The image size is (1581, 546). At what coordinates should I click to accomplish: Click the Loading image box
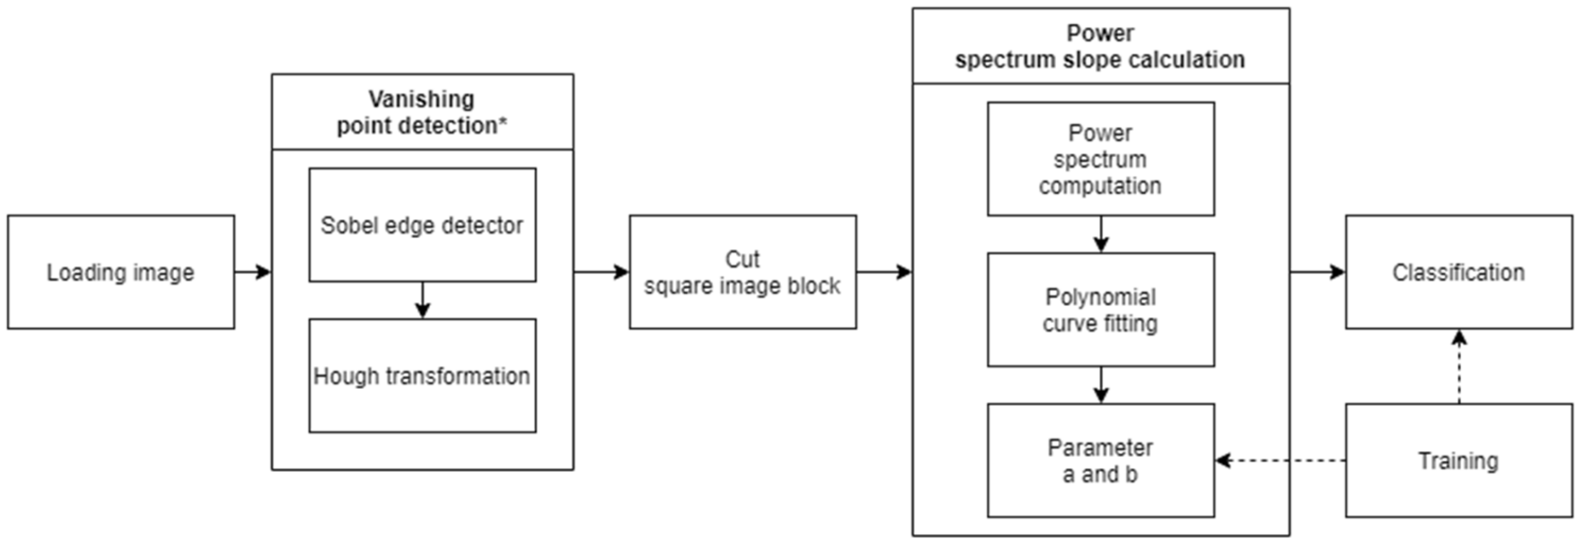(121, 272)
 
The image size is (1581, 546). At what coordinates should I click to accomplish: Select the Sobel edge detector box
(422, 225)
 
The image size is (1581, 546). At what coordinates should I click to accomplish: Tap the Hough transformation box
(422, 375)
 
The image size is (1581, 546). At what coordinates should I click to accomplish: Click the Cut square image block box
(742, 272)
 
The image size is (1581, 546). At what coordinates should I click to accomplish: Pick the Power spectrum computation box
(1100, 159)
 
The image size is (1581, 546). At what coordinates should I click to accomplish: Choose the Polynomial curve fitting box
(1100, 310)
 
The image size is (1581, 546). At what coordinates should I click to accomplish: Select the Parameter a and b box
(1100, 460)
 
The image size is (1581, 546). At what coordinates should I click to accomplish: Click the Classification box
(1459, 272)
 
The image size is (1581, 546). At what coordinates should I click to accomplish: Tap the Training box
(1459, 460)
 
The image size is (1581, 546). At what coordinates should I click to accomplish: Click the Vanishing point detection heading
(422, 112)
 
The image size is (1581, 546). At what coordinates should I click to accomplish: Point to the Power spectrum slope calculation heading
(1100, 46)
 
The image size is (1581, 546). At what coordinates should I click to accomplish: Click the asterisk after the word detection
(503, 122)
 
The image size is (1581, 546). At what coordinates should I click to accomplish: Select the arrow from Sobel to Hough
(422, 300)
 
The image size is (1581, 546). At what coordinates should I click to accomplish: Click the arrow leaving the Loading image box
(253, 272)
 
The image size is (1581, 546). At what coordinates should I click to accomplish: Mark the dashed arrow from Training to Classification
(1459, 366)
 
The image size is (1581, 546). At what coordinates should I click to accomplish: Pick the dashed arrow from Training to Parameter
(1280, 460)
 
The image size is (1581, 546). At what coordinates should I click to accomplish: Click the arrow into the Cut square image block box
(602, 272)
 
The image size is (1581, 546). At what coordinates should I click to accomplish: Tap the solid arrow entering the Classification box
(1317, 272)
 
